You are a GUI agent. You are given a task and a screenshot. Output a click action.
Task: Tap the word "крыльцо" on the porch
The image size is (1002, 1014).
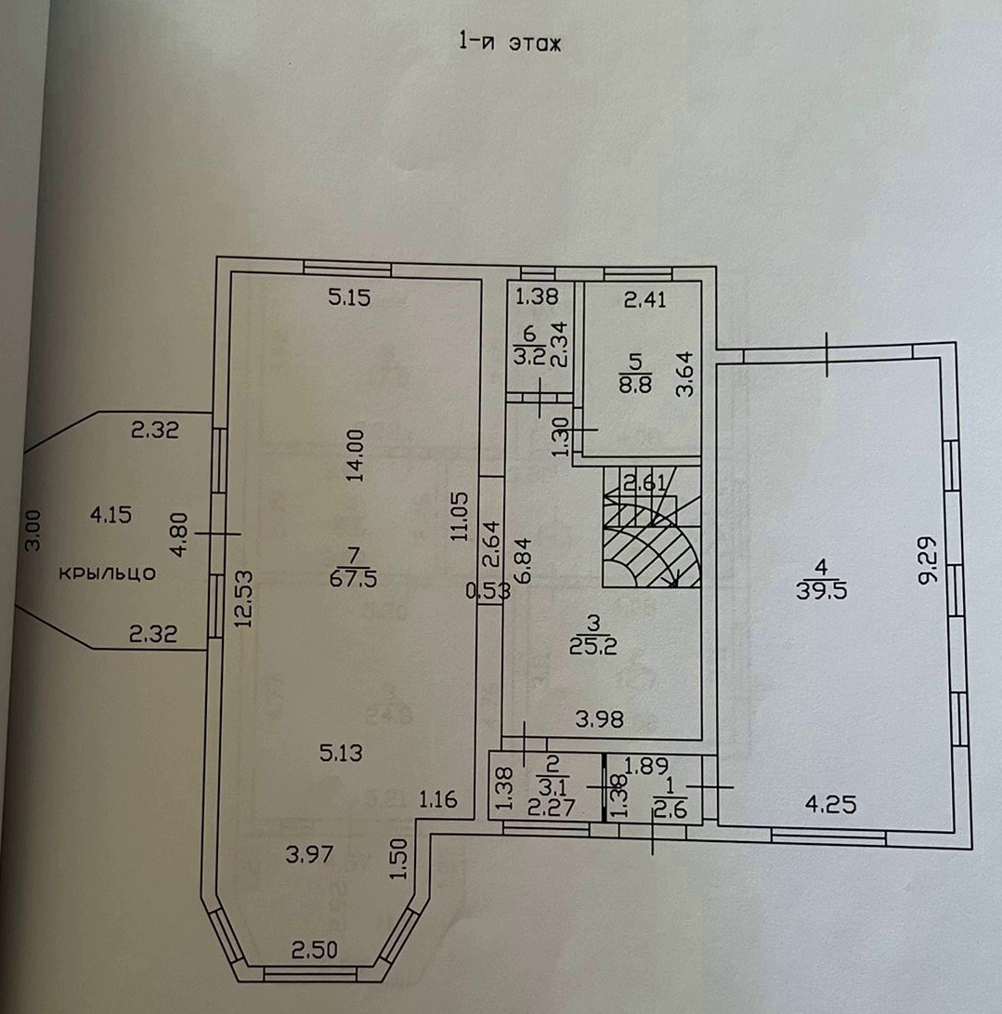click(107, 573)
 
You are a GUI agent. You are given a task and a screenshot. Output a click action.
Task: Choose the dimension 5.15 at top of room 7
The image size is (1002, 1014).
click(349, 298)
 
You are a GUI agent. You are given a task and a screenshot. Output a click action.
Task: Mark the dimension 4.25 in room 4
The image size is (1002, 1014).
click(829, 806)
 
